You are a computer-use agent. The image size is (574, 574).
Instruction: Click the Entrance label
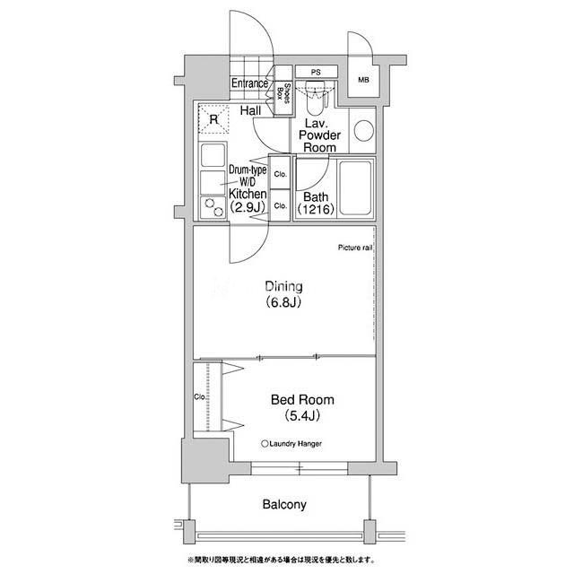tap(249, 83)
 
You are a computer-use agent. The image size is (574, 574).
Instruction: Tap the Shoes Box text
tap(283, 93)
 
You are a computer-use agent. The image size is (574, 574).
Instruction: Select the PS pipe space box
tap(317, 72)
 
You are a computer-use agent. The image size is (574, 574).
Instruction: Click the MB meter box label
tap(363, 80)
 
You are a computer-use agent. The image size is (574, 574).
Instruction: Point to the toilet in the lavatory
tap(315, 98)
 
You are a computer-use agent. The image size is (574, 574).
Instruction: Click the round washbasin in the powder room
tap(363, 131)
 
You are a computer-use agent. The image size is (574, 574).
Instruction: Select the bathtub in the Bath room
tap(355, 188)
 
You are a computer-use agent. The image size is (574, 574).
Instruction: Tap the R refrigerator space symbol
tap(213, 119)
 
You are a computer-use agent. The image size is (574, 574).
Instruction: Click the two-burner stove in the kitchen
tap(213, 208)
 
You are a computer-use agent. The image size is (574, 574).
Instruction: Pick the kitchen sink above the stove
tap(213, 154)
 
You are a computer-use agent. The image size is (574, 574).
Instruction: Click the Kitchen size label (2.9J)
tap(248, 207)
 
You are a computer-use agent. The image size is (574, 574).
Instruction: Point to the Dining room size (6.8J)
tap(283, 302)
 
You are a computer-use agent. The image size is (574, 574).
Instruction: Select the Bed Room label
tap(302, 400)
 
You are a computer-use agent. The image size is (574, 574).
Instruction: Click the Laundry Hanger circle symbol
tap(265, 444)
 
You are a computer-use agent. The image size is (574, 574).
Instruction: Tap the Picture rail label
tap(355, 248)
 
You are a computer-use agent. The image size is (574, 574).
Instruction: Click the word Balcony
tap(284, 504)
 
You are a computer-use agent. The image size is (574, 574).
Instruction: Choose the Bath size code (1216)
tap(316, 209)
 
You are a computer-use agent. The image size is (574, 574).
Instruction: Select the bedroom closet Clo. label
tap(200, 396)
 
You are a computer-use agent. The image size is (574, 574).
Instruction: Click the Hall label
tap(251, 110)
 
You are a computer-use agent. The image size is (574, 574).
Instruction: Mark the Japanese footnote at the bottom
tap(281, 560)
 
